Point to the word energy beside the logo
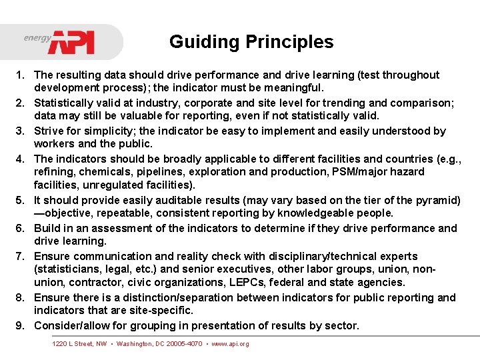coord(37,38)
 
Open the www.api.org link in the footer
coord(230,344)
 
